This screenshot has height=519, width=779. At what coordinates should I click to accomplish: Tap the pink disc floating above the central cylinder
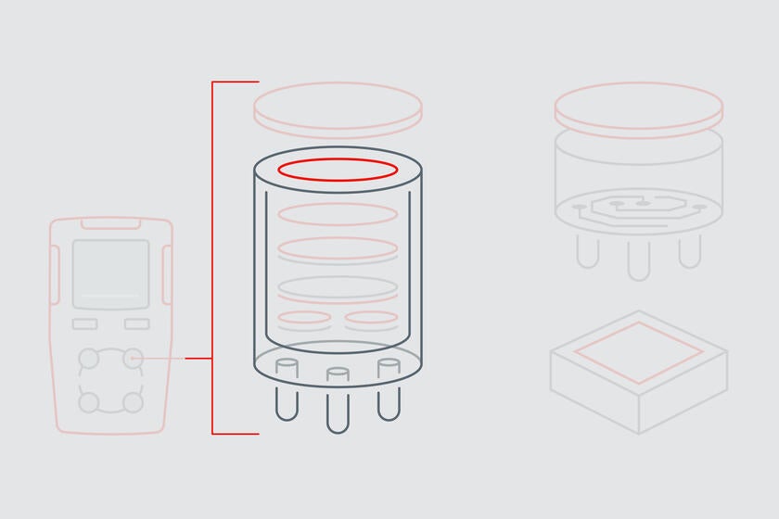(x=338, y=104)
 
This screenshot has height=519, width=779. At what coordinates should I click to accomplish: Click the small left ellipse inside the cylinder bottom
(x=304, y=319)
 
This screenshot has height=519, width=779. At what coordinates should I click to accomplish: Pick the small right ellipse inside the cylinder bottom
(x=371, y=319)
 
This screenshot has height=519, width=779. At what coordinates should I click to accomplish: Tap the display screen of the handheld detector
(x=110, y=273)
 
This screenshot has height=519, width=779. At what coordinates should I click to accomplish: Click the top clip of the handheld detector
(x=110, y=223)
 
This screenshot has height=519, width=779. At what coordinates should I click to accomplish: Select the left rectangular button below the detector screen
(x=85, y=323)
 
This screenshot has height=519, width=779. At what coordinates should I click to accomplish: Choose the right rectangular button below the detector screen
(x=137, y=323)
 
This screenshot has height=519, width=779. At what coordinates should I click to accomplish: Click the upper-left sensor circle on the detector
(x=89, y=358)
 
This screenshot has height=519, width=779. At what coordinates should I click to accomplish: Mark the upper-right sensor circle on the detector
(x=134, y=358)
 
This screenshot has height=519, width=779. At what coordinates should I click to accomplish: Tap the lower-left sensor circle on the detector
(x=89, y=402)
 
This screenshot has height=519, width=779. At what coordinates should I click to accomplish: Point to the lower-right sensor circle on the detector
(x=134, y=402)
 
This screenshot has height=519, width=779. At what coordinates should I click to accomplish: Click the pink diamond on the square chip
(x=638, y=353)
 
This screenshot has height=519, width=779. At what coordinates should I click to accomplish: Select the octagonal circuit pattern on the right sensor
(x=638, y=206)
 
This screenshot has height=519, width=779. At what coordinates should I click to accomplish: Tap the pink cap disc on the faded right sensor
(x=638, y=105)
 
